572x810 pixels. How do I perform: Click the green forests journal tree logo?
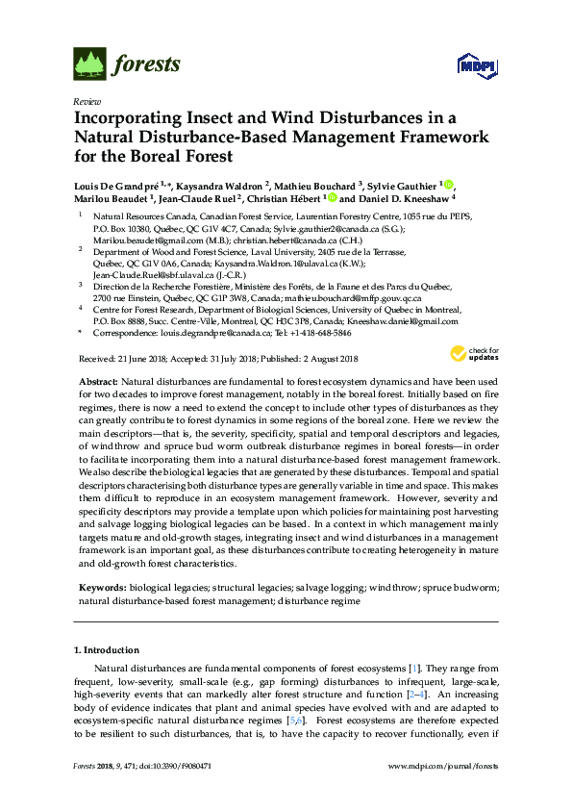tap(90, 64)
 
